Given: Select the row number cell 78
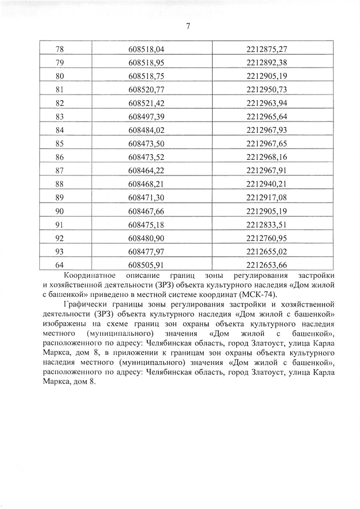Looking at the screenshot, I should coord(60,49).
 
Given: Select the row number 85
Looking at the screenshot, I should coord(60,143).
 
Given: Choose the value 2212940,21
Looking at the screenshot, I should coord(267,183).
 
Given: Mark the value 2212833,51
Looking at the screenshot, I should coord(267,224).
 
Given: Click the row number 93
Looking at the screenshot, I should coord(60,251).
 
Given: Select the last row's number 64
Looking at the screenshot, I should coord(60,264).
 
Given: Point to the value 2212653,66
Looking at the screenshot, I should coord(267,264).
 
